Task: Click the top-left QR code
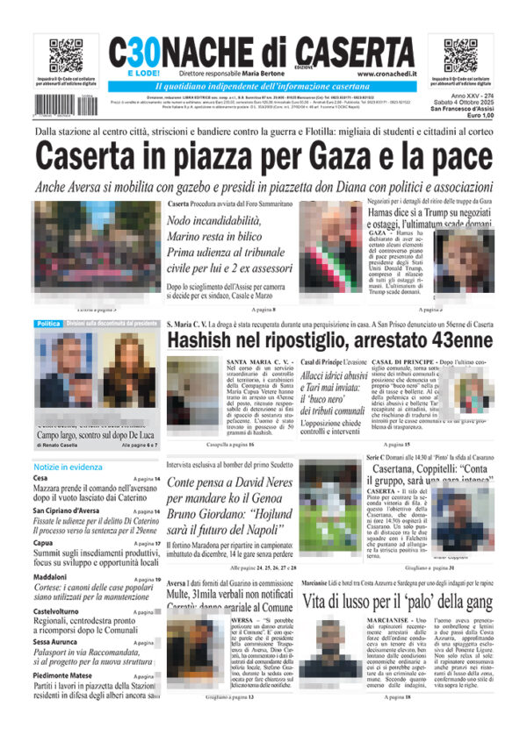65,55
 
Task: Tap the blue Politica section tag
48,324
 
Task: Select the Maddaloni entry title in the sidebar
55,578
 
